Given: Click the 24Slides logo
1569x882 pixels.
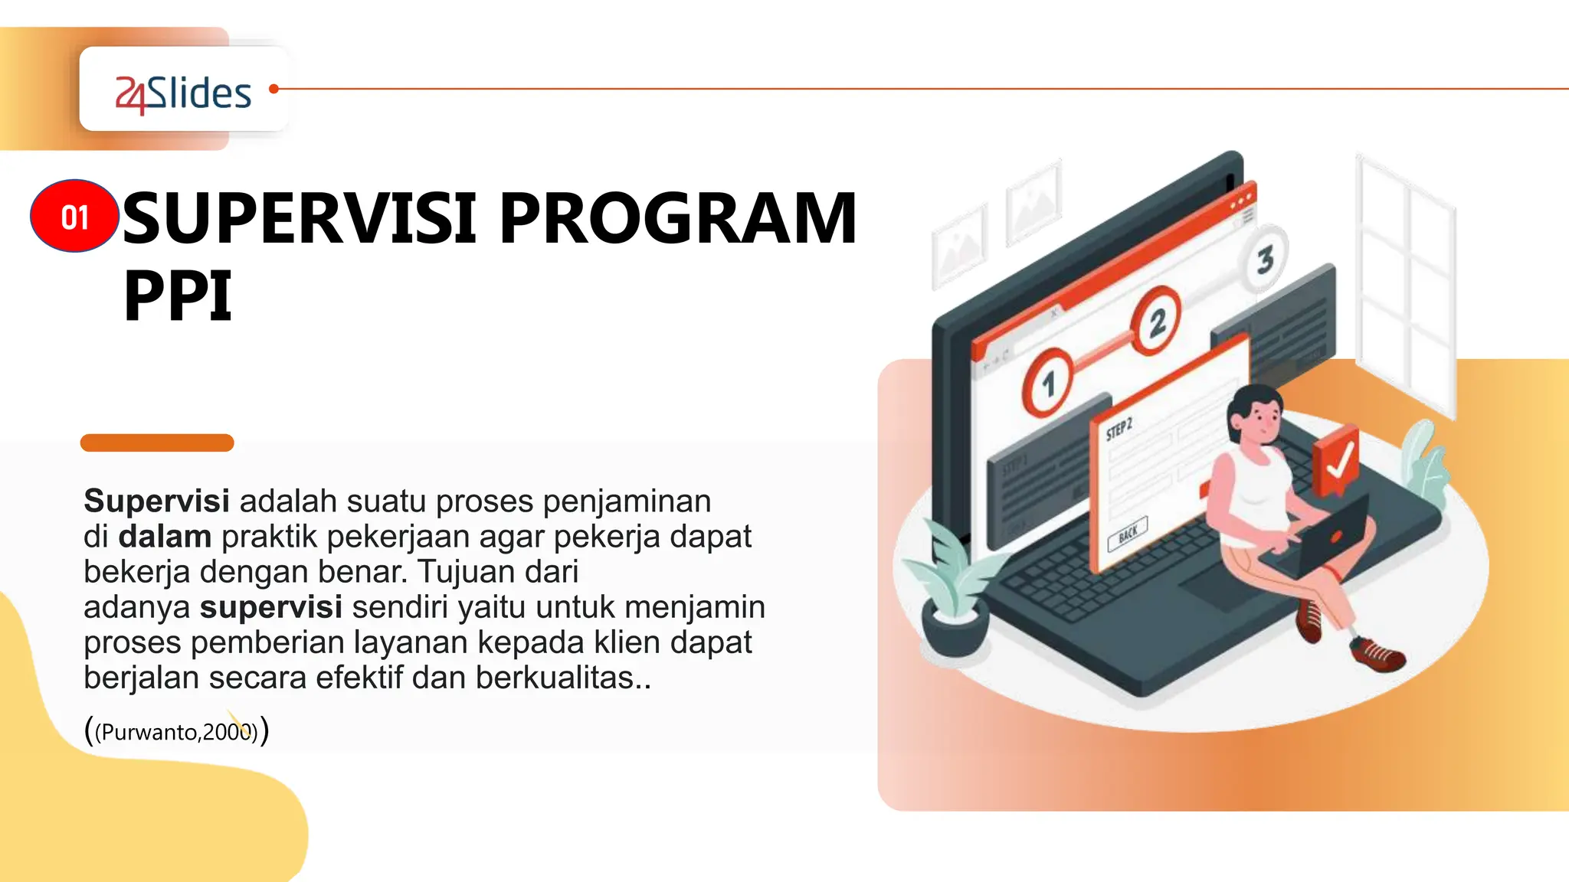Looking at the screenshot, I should (183, 94).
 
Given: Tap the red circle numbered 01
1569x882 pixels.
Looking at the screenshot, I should (74, 217).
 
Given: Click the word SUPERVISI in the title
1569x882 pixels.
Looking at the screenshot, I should (300, 219).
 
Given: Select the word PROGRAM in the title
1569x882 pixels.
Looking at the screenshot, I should (678, 219).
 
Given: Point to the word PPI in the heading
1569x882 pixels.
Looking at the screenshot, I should (178, 296).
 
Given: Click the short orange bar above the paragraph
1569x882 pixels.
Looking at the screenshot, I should (157, 443).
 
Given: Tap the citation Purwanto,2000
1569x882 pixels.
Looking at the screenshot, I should (176, 732).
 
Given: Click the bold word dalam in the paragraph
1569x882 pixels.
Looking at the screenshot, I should (165, 537).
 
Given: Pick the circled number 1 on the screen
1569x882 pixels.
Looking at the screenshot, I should (1047, 383).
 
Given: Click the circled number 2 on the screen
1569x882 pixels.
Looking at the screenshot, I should (1156, 321).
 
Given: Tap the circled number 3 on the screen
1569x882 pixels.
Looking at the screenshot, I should (1265, 259).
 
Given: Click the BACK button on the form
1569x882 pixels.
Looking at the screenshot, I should (1128, 534).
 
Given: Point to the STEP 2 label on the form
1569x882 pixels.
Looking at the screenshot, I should (1119, 430).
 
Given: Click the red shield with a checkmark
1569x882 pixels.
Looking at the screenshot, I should (1336, 460).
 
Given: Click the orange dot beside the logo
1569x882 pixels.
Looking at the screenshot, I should (274, 89).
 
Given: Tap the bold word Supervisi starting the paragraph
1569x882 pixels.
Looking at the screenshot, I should (156, 501).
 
